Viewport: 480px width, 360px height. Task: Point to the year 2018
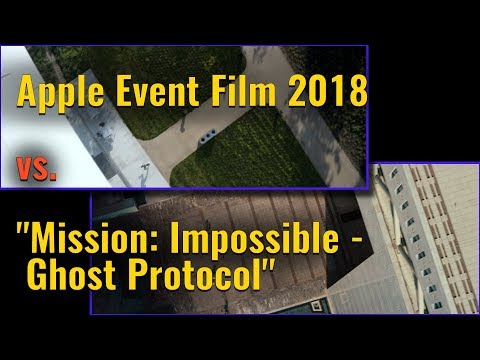click(323, 97)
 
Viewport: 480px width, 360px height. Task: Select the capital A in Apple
click(25, 97)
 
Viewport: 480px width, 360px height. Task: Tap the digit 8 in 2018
click(358, 97)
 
